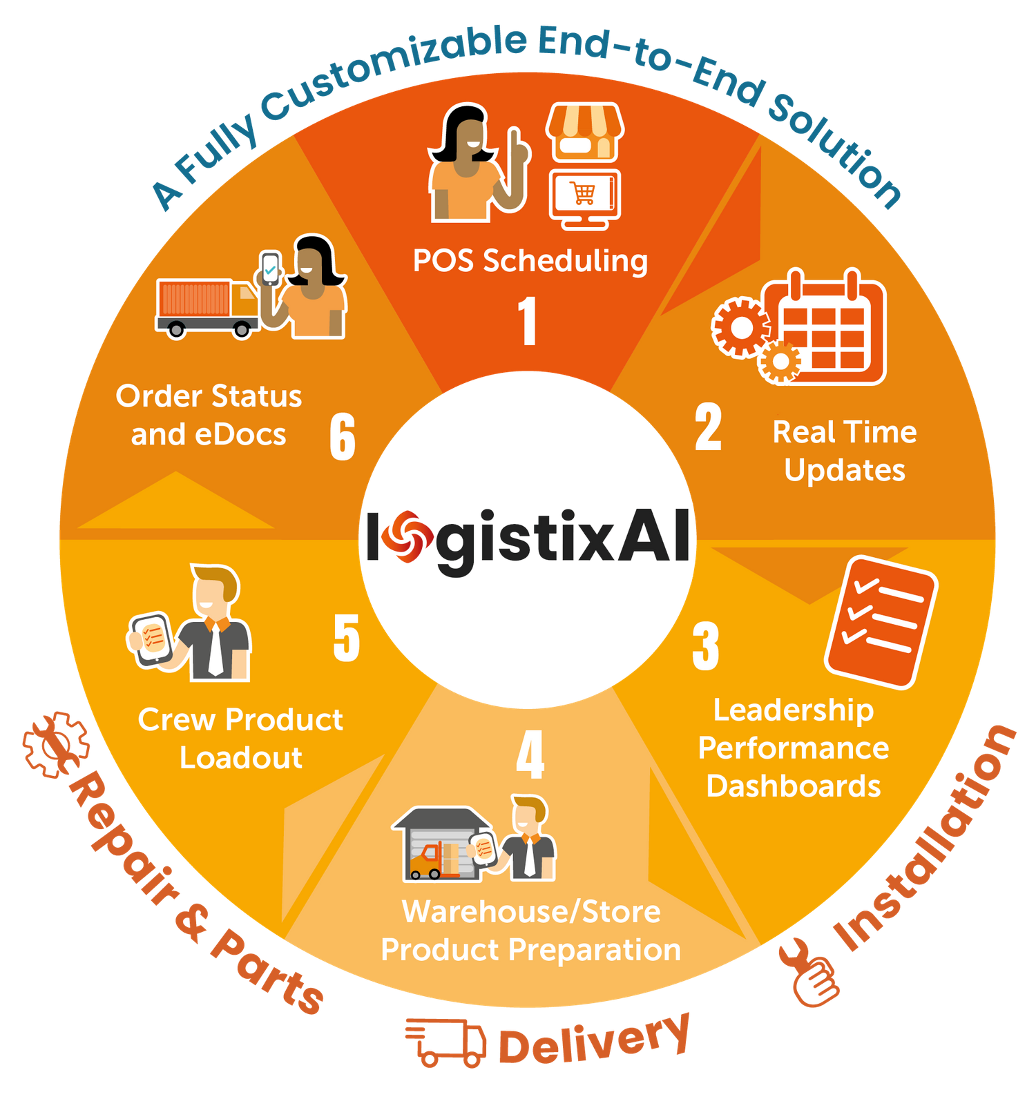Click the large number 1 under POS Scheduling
(528, 320)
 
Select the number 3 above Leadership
(706, 646)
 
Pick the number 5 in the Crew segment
(347, 638)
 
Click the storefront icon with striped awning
(585, 132)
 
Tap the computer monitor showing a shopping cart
(585, 198)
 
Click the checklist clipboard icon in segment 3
(881, 623)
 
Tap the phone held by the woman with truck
(270, 268)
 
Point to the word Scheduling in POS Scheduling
(565, 262)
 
